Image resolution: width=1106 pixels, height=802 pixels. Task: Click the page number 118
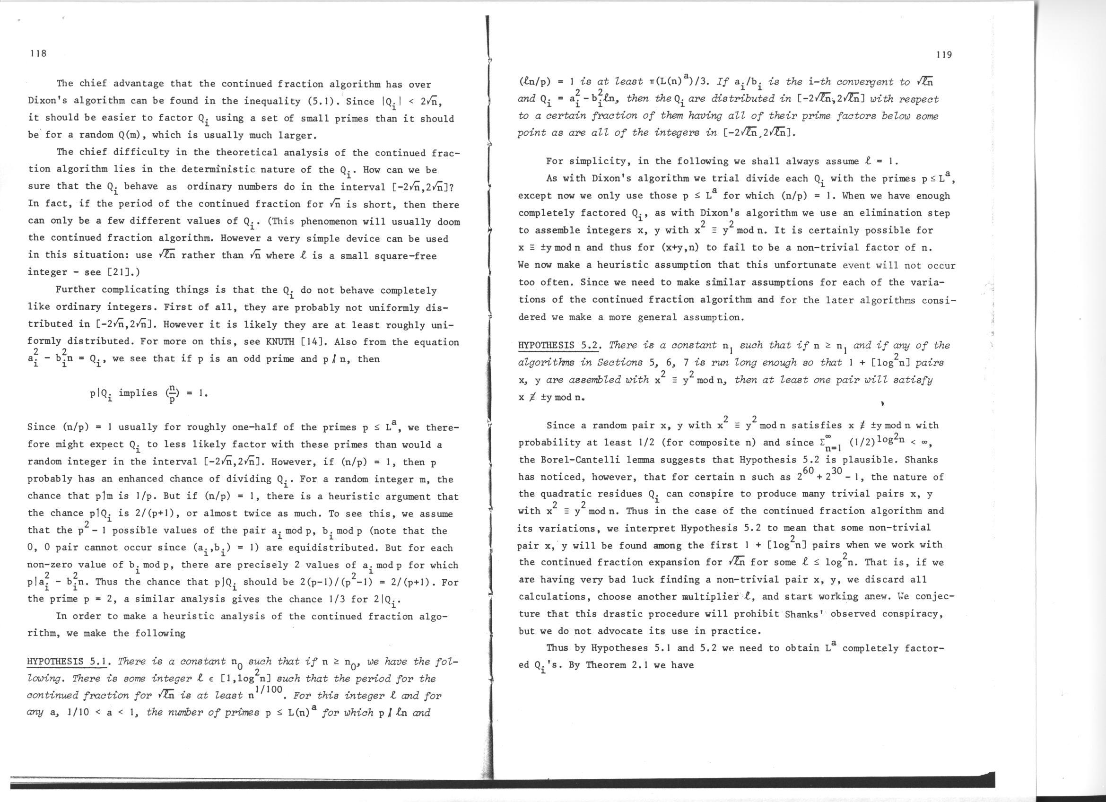(37, 53)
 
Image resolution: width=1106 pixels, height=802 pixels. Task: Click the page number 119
(944, 55)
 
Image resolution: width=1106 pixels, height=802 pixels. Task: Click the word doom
(448, 221)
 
